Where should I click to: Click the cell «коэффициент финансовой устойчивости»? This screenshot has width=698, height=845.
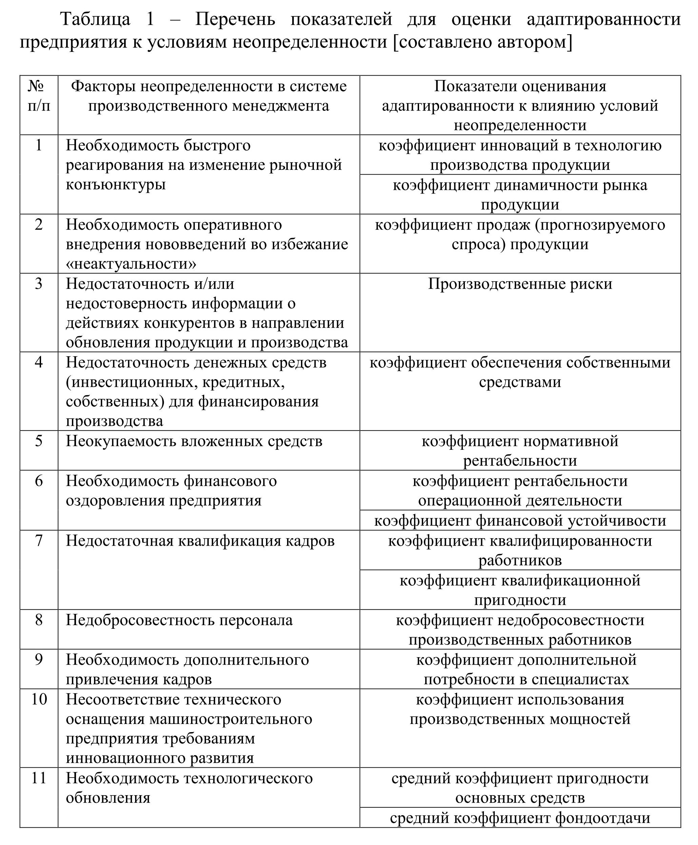[x=520, y=521]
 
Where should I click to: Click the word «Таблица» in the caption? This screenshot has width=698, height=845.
[x=95, y=19]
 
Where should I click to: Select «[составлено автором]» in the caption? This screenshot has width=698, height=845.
[x=483, y=42]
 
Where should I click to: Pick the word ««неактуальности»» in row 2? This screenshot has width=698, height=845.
[x=131, y=264]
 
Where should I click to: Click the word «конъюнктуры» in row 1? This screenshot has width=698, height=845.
[x=116, y=184]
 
